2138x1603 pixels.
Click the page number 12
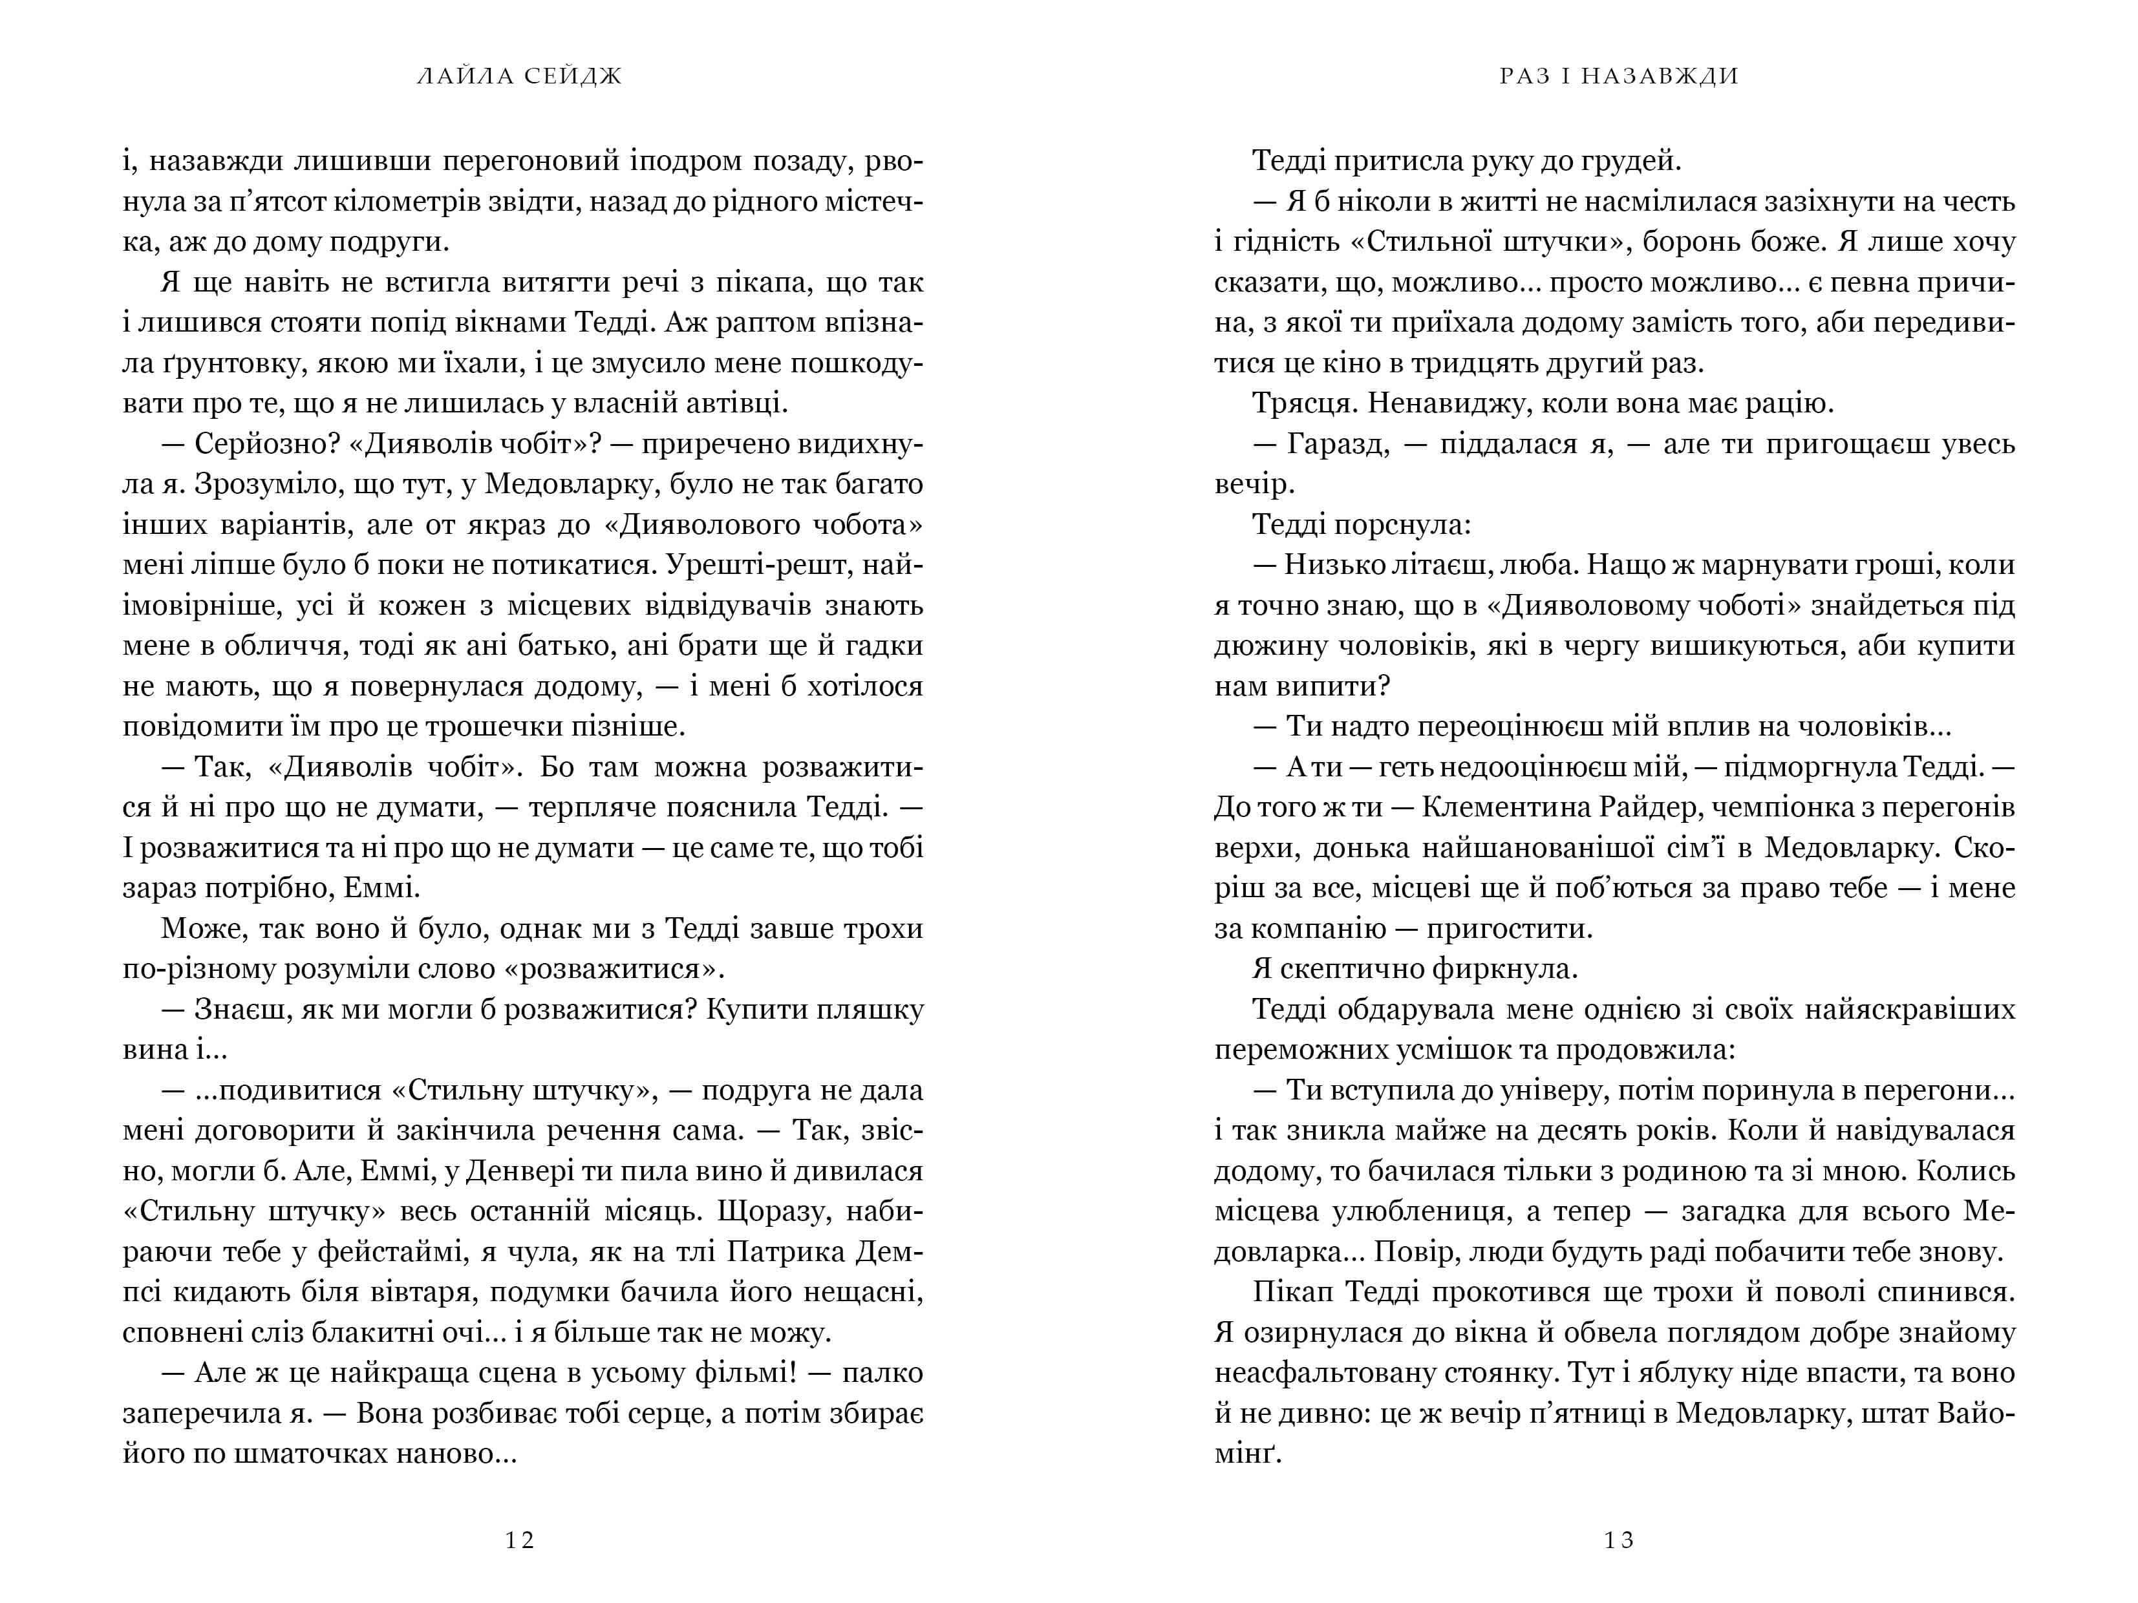520,1540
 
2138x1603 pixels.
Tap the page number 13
1619,1540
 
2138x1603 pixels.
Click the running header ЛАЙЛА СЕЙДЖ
520,76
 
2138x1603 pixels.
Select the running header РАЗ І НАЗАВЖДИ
1619,76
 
